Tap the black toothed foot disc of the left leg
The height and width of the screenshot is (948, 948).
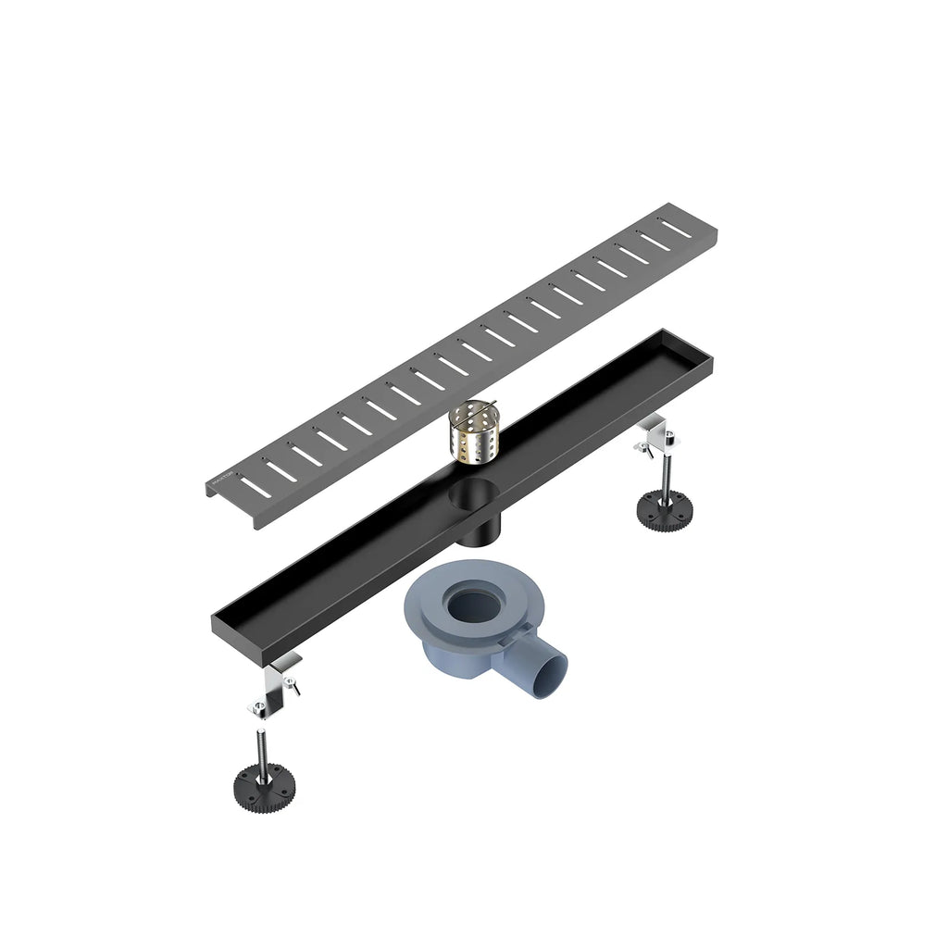265,787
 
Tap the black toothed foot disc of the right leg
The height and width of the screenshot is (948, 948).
665,507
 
